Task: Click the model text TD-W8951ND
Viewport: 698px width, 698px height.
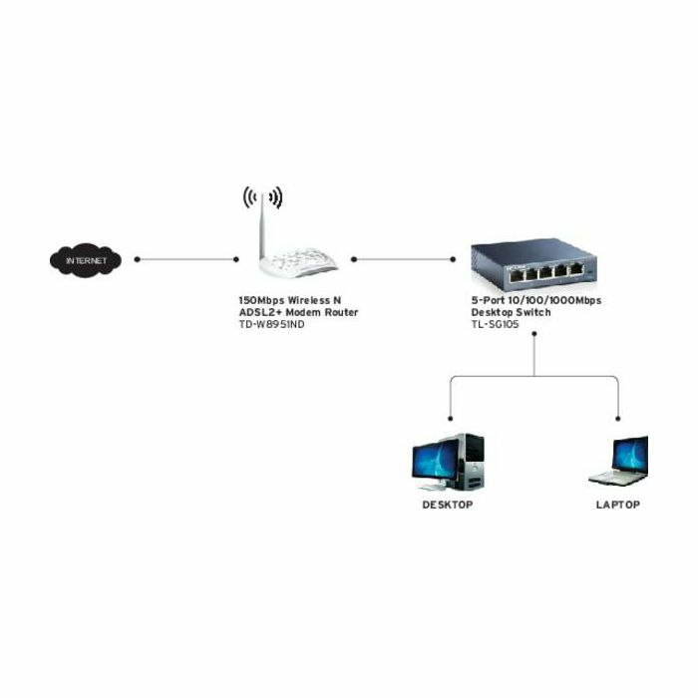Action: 271,324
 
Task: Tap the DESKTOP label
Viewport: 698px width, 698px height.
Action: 448,506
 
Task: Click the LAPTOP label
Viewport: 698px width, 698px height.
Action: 618,506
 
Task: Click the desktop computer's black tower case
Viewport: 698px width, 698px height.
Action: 473,461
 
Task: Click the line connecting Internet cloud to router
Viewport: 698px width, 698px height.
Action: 186,260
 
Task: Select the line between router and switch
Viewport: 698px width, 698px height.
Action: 404,260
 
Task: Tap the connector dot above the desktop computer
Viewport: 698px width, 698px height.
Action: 450,419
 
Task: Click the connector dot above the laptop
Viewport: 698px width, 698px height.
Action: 619,419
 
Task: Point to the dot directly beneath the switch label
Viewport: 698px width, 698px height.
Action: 534,335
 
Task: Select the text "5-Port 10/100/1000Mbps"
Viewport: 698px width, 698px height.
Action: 536,300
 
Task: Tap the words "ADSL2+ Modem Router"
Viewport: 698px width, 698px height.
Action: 298,312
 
